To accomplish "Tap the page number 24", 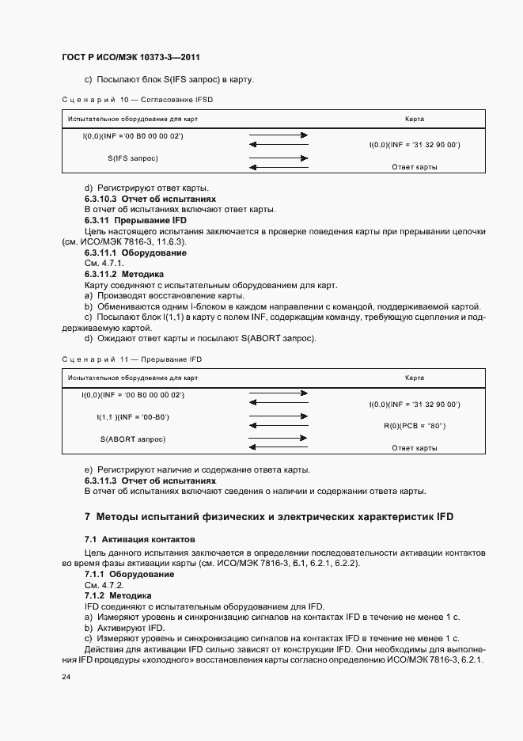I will pyautogui.click(x=66, y=678).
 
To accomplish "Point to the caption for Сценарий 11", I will pyautogui.click(x=137, y=359).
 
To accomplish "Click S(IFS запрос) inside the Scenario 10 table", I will pyautogui.click(x=133, y=158).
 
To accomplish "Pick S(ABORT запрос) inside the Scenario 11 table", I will pyautogui.click(x=133, y=439).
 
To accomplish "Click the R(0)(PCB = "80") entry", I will pyautogui.click(x=415, y=426).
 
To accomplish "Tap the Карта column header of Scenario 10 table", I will pyautogui.click(x=414, y=119).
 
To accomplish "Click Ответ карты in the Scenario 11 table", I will pyautogui.click(x=415, y=448).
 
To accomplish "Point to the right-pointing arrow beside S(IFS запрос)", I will pyautogui.click(x=279, y=158).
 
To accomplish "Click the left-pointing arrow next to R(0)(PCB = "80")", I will pyautogui.click(x=279, y=426).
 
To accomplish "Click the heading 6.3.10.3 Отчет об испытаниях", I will pyautogui.click(x=150, y=199).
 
